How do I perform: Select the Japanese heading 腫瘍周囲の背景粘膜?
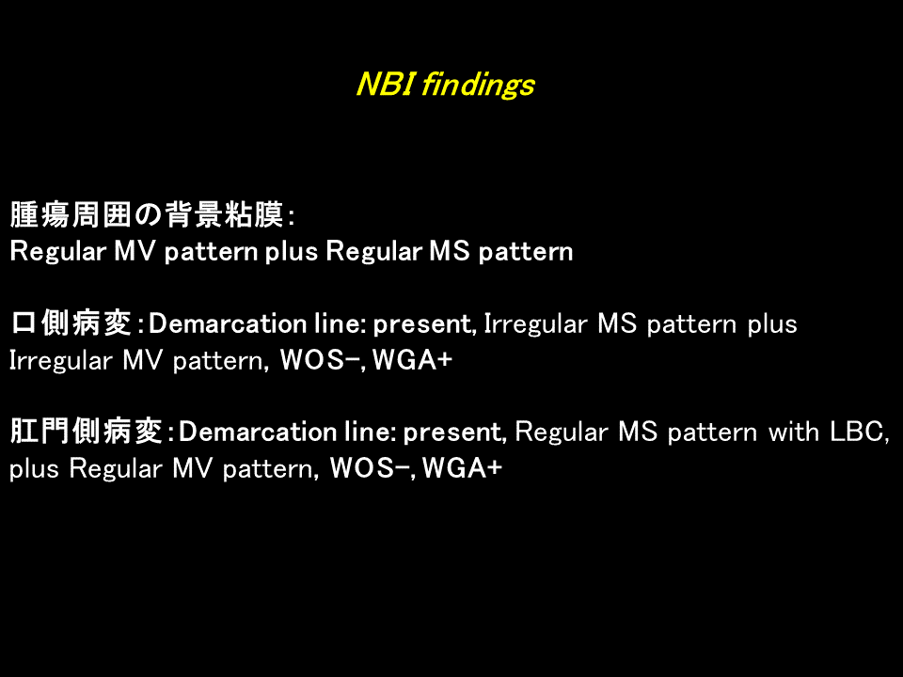148,214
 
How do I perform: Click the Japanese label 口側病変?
71,323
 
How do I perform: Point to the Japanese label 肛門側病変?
86,432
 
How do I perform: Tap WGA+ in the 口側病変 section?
412,360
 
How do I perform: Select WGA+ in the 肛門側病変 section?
463,468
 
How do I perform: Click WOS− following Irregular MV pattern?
320,360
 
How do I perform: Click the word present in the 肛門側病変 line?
452,433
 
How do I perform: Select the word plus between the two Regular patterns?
292,252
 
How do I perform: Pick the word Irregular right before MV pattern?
60,361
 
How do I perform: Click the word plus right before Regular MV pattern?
35,469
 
